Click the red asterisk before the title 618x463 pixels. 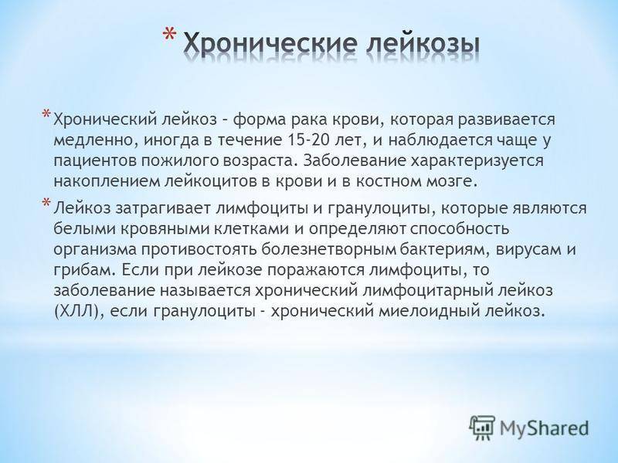click(x=170, y=36)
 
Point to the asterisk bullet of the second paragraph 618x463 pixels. click(x=46, y=202)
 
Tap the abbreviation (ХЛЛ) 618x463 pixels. click(x=79, y=312)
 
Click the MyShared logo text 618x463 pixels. click(x=545, y=428)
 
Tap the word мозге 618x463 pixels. click(x=457, y=182)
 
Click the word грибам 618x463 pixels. click(x=85, y=271)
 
